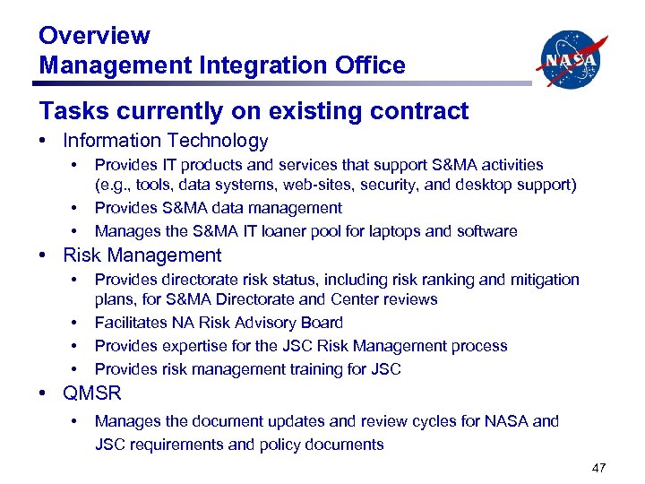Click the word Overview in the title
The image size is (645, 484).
pos(94,36)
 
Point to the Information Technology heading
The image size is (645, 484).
pos(165,141)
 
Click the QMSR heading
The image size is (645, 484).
pos(91,393)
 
